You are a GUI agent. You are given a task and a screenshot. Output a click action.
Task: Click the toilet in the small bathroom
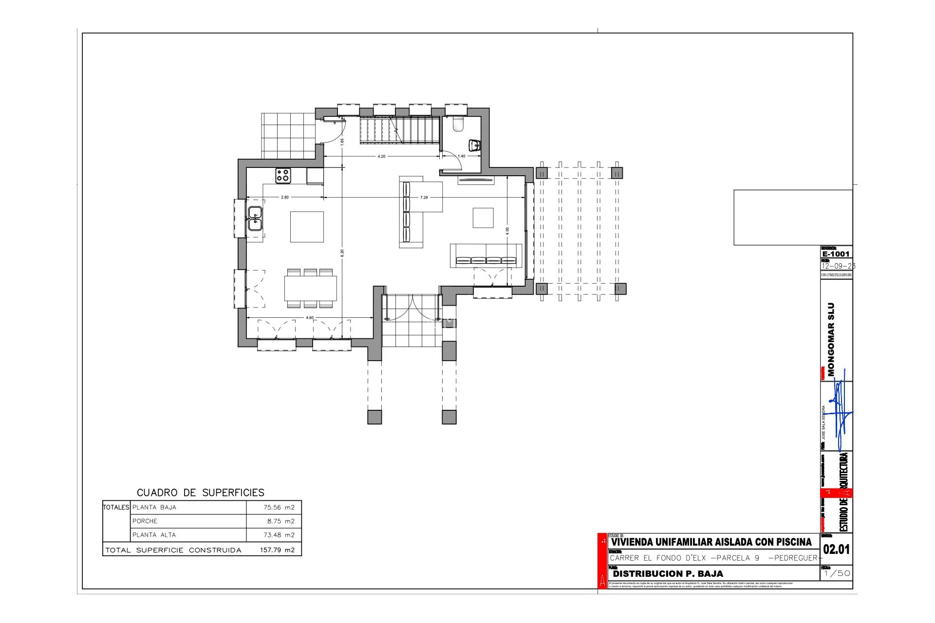click(458, 125)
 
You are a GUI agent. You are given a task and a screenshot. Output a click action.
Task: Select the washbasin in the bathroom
click(475, 145)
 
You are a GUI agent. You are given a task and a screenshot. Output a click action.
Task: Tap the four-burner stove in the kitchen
click(283, 175)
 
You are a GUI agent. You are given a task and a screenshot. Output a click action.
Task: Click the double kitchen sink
click(255, 219)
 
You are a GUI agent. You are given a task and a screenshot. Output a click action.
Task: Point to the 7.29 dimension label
click(424, 198)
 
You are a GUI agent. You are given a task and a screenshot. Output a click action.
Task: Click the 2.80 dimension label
click(285, 198)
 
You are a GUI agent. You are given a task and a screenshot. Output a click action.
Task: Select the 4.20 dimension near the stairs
click(381, 157)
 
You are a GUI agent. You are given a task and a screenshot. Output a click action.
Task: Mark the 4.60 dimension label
click(310, 318)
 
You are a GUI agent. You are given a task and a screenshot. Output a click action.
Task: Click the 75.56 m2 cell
click(279, 507)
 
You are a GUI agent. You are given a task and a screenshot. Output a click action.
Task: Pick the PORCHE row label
click(145, 521)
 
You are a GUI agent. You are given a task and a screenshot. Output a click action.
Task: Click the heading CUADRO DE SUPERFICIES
click(201, 493)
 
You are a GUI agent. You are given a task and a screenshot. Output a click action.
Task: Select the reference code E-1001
click(836, 254)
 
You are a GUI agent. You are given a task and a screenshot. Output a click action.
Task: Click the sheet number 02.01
click(836, 550)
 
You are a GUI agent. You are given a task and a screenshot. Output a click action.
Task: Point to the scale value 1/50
click(836, 573)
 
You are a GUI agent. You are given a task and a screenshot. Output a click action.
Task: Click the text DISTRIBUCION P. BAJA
click(668, 574)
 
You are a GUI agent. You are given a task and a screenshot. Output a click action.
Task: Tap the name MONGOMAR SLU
click(831, 339)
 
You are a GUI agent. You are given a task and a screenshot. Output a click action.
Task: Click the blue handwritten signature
click(841, 414)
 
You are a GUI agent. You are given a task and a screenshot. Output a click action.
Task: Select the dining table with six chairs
click(311, 288)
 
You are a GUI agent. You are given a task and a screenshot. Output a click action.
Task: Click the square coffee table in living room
click(483, 218)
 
